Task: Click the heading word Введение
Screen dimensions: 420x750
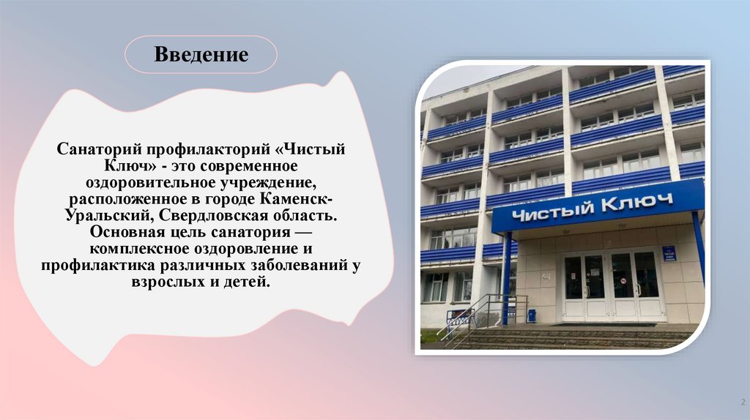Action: click(201, 54)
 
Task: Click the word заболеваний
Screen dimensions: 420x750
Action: click(300, 266)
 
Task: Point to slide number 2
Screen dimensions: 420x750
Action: click(741, 402)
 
